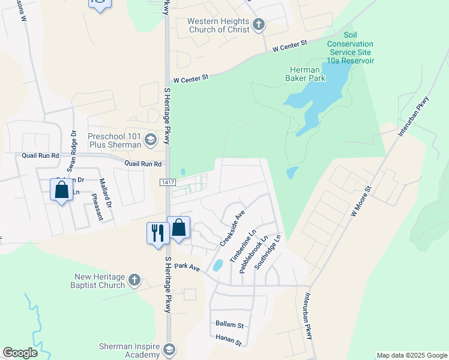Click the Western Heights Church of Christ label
tap(217, 25)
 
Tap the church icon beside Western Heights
tap(259, 25)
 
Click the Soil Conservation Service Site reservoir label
tap(350, 49)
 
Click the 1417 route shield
tap(167, 182)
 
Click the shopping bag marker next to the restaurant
tap(179, 227)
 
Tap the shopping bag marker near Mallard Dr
tap(62, 190)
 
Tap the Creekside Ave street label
tap(233, 228)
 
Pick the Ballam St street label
tap(229, 325)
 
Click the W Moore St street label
tap(361, 200)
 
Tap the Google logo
tap(20, 353)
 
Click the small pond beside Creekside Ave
tap(218, 265)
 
